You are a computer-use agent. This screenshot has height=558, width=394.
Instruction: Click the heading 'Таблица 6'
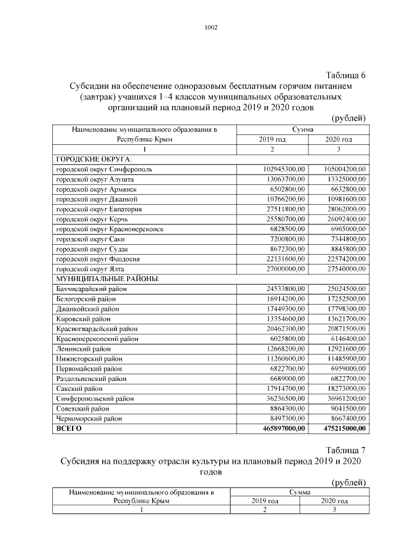tap(344, 75)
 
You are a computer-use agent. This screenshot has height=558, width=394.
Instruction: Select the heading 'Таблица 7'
tap(344, 449)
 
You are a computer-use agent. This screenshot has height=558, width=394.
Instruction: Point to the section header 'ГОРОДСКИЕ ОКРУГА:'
tap(90, 159)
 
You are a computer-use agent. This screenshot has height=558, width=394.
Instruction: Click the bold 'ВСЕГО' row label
tap(69, 428)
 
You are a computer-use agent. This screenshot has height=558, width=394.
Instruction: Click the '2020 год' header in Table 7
tap(334, 501)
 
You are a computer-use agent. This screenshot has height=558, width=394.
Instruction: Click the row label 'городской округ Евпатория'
tap(99, 209)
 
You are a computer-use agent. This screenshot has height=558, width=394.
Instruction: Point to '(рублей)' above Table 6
tap(349, 118)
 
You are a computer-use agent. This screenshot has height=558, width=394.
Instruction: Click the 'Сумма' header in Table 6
tap(303, 130)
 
